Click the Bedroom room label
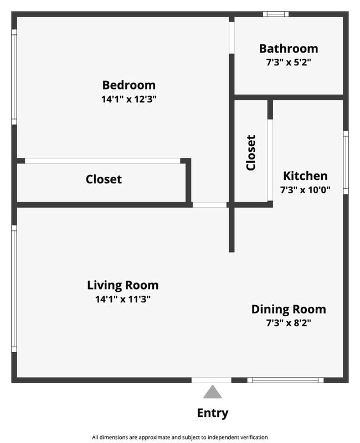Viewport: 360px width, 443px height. coord(129,85)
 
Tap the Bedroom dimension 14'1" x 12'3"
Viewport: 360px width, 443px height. coord(129,99)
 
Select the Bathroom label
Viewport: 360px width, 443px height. coord(289,49)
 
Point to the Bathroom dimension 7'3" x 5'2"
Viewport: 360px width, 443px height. coord(289,62)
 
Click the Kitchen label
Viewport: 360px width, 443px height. coord(305,176)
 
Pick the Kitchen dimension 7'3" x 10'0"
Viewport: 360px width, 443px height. coord(305,189)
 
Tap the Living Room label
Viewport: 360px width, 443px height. coord(122,285)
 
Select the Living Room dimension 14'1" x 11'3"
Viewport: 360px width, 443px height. coord(122,299)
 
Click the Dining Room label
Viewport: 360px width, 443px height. coord(289,310)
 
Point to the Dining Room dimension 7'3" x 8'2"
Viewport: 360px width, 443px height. coord(289,323)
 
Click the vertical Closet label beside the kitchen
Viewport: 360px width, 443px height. coord(251,153)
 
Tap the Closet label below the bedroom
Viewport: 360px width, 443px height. coord(104,179)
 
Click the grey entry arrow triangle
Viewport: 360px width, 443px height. coord(213,393)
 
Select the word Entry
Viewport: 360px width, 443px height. coord(213,413)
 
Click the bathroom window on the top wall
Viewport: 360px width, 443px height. coord(276,14)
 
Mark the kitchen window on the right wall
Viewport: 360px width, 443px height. coord(346,162)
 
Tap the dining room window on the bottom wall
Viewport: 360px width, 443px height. coord(285,380)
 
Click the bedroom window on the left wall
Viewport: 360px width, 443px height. coord(14,77)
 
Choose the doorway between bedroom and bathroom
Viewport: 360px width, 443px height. coord(232,38)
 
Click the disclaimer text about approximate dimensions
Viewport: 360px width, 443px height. coord(180,437)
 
